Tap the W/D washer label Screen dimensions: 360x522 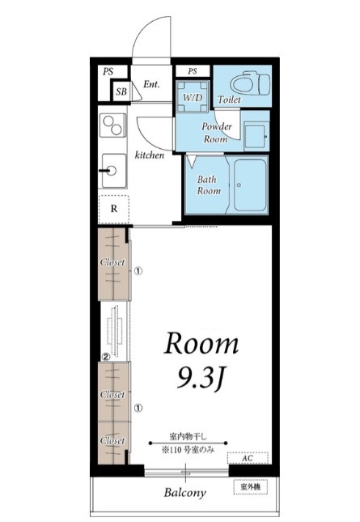pyautogui.click(x=193, y=98)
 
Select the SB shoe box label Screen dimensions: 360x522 pyautogui.click(x=121, y=91)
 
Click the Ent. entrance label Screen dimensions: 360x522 pyautogui.click(x=151, y=84)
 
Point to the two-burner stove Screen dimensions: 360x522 pyautogui.click(x=113, y=125)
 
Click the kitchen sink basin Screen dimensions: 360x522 pyautogui.click(x=114, y=171)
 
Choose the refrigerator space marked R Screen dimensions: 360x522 pyautogui.click(x=114, y=210)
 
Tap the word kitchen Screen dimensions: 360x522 pyautogui.click(x=150, y=155)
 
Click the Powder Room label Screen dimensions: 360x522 pyautogui.click(x=216, y=133)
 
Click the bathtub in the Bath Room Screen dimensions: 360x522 pyautogui.click(x=251, y=185)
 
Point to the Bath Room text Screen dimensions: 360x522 pyautogui.click(x=209, y=185)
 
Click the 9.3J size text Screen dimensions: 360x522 pyautogui.click(x=200, y=378)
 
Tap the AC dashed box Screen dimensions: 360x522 pyautogui.click(x=248, y=458)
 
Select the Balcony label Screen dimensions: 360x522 pyautogui.click(x=185, y=493)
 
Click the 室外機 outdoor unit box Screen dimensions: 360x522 pyautogui.click(x=251, y=487)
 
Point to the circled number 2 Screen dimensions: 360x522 pyautogui.click(x=106, y=357)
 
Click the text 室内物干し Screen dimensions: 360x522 pyautogui.click(x=188, y=435)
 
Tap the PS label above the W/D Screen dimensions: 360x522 pyautogui.click(x=193, y=71)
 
